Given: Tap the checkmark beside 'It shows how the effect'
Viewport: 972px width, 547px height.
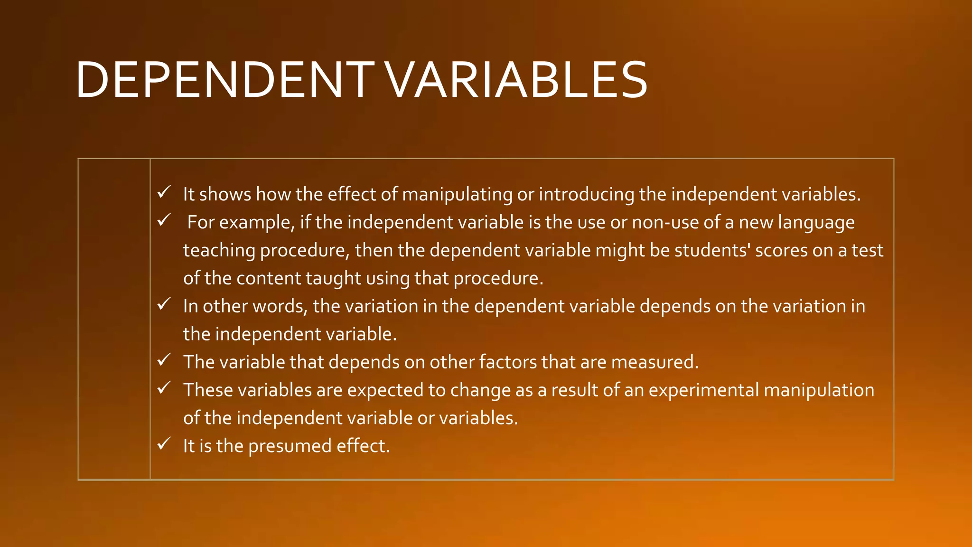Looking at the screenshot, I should (x=164, y=192).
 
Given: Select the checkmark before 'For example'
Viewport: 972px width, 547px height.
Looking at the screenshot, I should (x=164, y=220).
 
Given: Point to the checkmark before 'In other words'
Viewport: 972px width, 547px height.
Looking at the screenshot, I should (x=164, y=304).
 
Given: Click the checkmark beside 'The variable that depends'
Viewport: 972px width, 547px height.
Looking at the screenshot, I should (x=164, y=360).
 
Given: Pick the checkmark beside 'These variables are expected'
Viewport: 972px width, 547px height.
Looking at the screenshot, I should (x=164, y=388).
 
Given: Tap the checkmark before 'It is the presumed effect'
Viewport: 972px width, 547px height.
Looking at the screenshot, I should (x=164, y=444).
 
